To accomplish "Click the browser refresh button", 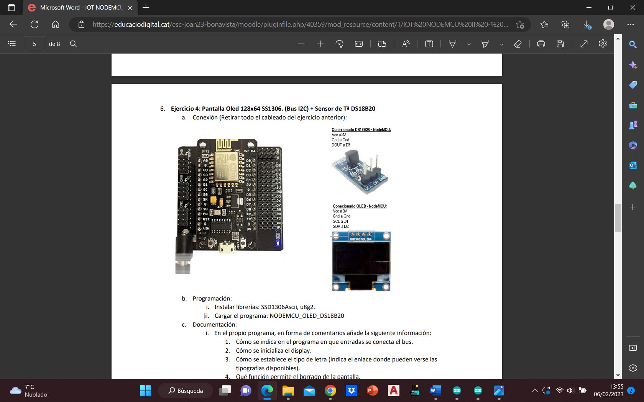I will click(x=34, y=25).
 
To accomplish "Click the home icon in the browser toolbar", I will click(x=56, y=25).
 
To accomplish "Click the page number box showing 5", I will click(x=34, y=44).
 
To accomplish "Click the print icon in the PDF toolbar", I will click(x=541, y=44).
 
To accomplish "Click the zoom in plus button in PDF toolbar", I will click(x=320, y=44).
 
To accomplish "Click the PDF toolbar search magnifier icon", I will click(x=73, y=44).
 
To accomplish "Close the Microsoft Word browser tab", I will click(x=130, y=8).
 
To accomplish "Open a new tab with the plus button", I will click(x=146, y=8).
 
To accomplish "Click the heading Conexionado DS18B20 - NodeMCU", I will click(x=361, y=130).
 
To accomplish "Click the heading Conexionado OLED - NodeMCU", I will click(x=360, y=206).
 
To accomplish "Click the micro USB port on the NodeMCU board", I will click(x=226, y=248).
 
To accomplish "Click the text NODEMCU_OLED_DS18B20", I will click(x=307, y=316).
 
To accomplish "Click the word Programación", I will click(x=212, y=299).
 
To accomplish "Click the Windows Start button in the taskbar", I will click(x=145, y=391).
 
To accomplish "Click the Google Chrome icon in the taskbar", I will click(x=330, y=391).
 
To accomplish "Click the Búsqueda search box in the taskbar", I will click(x=186, y=391).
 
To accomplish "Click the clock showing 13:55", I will click(x=616, y=387).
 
